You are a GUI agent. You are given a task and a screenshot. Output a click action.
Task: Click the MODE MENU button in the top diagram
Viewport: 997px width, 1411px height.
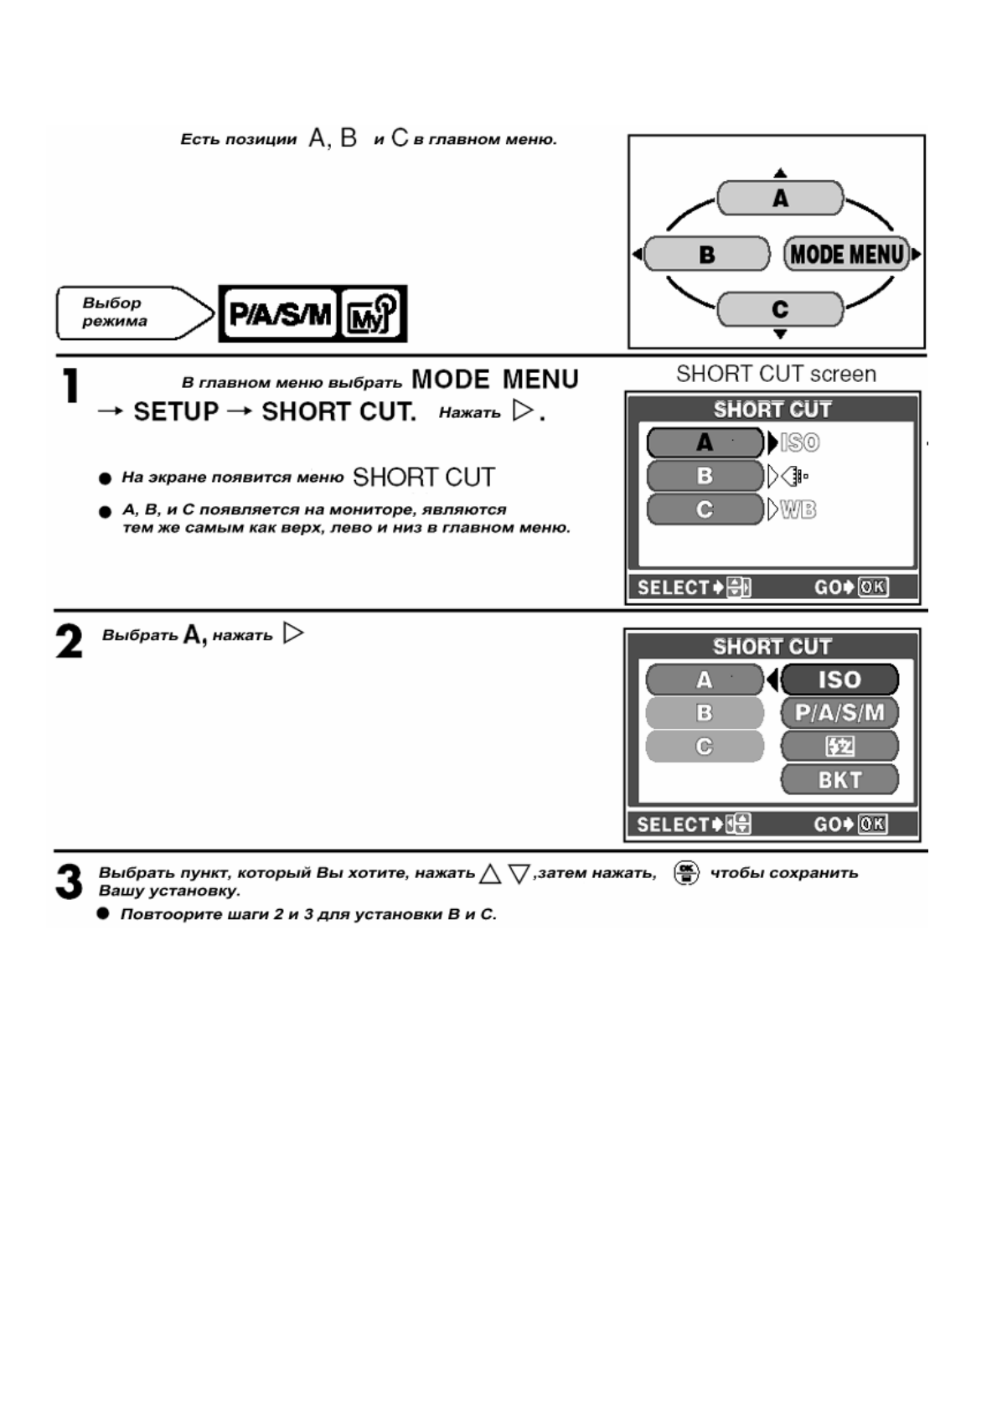(x=846, y=254)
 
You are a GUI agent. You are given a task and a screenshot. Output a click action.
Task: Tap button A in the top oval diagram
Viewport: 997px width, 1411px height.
(x=780, y=199)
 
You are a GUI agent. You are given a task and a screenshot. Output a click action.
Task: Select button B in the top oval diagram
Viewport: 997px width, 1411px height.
(x=706, y=254)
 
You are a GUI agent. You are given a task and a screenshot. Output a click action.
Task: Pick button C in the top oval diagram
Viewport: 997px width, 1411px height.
(x=780, y=309)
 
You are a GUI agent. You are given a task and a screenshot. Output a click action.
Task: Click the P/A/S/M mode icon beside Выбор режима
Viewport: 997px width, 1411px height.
(x=280, y=314)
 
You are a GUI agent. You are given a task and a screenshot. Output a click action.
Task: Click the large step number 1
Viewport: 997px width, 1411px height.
(x=72, y=386)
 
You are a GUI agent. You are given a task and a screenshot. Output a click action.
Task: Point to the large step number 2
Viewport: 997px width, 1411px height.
(x=70, y=642)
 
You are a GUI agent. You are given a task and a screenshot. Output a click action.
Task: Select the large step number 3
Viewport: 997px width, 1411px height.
(x=70, y=882)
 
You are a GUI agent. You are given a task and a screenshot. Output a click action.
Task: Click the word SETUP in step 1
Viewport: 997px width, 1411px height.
(x=176, y=412)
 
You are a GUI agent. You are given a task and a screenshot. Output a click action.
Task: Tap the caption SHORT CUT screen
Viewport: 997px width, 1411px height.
(x=776, y=374)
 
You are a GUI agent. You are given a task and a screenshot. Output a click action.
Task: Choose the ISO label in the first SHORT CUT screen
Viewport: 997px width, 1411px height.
(x=800, y=442)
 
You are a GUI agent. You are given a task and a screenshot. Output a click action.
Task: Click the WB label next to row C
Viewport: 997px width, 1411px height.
(x=798, y=509)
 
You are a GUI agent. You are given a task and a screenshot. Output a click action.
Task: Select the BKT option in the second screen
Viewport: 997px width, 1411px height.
(x=839, y=780)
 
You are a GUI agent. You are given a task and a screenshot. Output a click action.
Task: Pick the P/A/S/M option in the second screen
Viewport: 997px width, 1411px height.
(x=839, y=713)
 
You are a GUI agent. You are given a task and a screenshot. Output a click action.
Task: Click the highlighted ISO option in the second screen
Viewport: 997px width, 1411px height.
(x=839, y=680)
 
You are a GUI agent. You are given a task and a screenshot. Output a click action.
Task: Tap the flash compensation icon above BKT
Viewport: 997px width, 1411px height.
(x=839, y=747)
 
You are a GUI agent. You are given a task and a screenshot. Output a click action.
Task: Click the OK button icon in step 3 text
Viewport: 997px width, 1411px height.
(x=686, y=873)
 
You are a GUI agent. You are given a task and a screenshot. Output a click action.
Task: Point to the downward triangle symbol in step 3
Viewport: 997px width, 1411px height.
(x=519, y=875)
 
